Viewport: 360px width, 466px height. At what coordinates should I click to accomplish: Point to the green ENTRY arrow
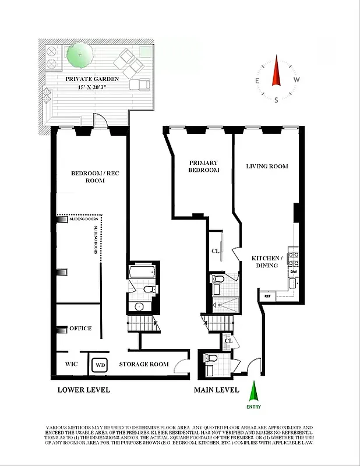pyautogui.click(x=253, y=391)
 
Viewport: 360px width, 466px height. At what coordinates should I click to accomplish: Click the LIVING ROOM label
pyautogui.click(x=267, y=167)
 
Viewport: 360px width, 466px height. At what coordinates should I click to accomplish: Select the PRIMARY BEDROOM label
pyautogui.click(x=204, y=167)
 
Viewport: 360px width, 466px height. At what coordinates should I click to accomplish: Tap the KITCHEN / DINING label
pyautogui.click(x=267, y=262)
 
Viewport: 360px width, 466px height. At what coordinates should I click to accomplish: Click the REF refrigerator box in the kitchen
pyautogui.click(x=267, y=296)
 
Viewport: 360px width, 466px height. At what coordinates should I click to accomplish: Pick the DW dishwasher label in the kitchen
pyautogui.click(x=294, y=271)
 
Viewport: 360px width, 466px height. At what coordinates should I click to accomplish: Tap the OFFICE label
pyautogui.click(x=80, y=329)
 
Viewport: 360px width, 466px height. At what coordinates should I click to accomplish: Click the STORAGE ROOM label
pyautogui.click(x=144, y=364)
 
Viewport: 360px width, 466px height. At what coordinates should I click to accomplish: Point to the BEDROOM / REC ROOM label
pyautogui.click(x=88, y=177)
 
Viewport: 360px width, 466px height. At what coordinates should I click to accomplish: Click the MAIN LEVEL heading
pyautogui.click(x=216, y=390)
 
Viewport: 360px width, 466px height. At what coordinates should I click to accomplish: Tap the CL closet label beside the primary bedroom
pyautogui.click(x=215, y=251)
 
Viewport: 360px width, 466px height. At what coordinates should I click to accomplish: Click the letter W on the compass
pyautogui.click(x=297, y=80)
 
